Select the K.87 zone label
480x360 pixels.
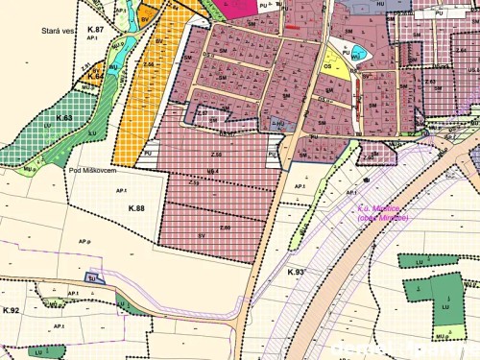coord(92,31)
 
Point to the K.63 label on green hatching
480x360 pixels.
coord(63,117)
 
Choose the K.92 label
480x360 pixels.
coord(12,309)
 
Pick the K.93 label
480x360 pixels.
coord(295,273)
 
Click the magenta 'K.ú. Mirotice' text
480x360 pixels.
coord(382,213)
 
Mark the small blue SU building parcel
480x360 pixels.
coord(93,276)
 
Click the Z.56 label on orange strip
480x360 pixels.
coord(149,63)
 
